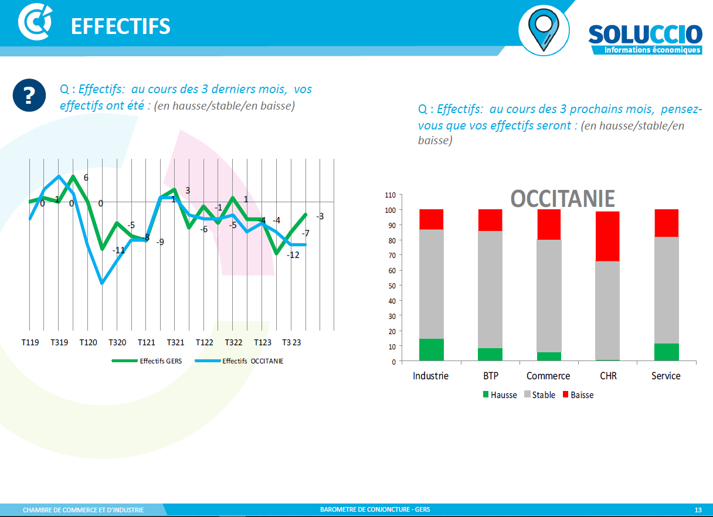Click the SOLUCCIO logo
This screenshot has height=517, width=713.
point(645,38)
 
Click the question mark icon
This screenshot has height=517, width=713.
point(29,95)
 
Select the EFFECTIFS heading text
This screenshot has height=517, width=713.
point(120,26)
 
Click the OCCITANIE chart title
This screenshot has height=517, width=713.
point(563,199)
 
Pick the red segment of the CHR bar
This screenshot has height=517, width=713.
point(608,236)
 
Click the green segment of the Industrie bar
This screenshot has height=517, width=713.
point(432,350)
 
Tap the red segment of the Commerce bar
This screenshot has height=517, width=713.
point(549,225)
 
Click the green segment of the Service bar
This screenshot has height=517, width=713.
point(666,352)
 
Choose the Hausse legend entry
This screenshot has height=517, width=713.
point(500,395)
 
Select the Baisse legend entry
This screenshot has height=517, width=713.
point(578,395)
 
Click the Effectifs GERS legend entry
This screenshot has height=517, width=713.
point(147,361)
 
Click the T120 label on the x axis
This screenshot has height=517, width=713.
point(88,342)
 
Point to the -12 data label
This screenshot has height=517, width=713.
point(293,255)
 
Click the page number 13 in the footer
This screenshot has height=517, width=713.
point(698,509)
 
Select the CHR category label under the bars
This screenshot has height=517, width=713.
point(608,376)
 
